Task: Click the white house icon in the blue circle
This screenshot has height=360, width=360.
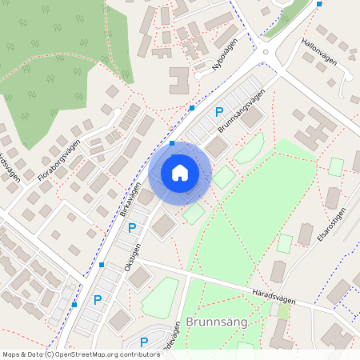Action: coord(180,172)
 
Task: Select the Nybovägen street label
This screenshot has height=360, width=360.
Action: coord(225,58)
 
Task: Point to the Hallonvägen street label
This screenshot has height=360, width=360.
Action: coord(319,50)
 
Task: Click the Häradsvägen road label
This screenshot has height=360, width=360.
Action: coord(272,296)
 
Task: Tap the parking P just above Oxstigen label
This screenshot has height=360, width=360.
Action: coord(133,228)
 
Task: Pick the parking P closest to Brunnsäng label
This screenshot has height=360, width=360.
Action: coord(144,342)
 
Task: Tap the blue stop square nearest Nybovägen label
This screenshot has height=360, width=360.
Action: coord(192,107)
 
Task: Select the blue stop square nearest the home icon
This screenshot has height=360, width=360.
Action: coord(173,143)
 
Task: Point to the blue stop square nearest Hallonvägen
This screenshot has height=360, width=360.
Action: coord(319,4)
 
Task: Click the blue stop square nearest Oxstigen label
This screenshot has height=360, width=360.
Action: coord(102,264)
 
